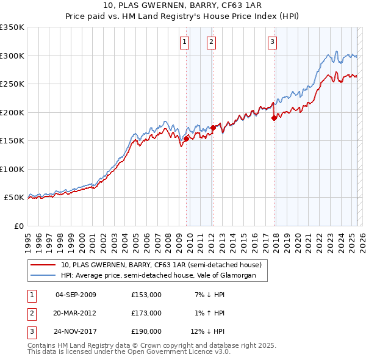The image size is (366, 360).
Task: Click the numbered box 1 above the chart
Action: point(184,42)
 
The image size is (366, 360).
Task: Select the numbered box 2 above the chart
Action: point(210,42)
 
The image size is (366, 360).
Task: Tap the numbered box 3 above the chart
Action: point(272,42)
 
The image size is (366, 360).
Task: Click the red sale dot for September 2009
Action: point(186,139)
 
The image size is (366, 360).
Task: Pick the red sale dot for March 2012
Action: point(213,128)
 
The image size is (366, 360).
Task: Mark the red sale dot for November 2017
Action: point(274,118)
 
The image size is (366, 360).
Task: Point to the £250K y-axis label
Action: point(12,84)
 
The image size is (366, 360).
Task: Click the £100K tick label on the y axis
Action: point(12,170)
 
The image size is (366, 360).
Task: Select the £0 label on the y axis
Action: point(18,226)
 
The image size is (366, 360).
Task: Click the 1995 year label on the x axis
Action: point(28,239)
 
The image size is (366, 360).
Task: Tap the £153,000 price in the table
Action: point(146,295)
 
